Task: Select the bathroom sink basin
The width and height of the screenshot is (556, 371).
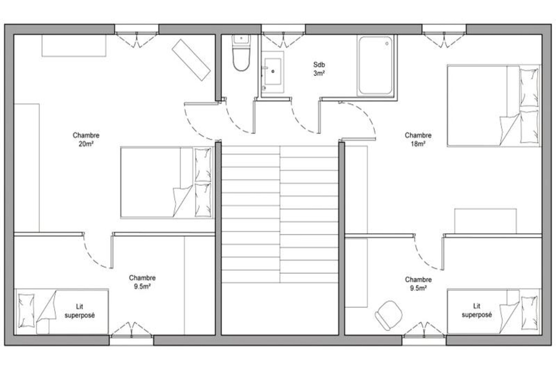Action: point(273,71)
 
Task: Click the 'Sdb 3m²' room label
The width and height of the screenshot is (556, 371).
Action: point(319,69)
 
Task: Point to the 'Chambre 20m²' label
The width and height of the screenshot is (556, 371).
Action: point(86,139)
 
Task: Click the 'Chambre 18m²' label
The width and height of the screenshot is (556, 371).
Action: point(418,139)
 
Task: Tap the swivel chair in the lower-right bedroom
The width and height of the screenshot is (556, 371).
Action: point(388,315)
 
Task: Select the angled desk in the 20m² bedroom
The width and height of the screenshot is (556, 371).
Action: point(191,60)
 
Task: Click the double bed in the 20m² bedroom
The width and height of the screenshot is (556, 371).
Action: point(167,182)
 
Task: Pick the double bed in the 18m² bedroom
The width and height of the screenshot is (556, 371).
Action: point(494,106)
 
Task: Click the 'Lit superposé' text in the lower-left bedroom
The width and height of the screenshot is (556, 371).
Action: point(80,311)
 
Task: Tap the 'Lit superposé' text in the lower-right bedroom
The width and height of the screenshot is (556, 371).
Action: point(477,310)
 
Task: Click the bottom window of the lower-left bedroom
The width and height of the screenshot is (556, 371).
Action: point(131,340)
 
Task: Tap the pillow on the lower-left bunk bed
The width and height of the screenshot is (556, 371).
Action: point(26,310)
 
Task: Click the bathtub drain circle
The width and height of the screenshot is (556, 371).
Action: point(387,43)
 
